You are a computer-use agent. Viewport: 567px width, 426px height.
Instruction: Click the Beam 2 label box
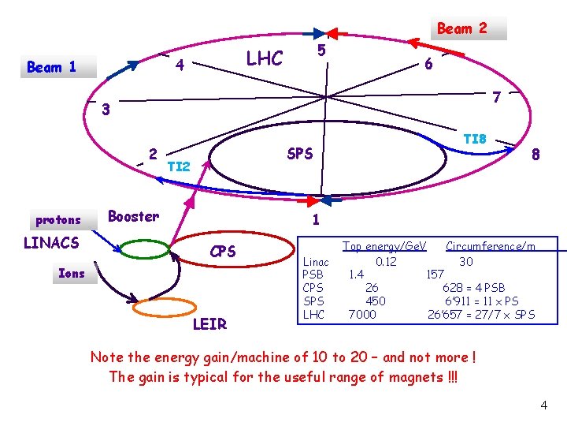click(462, 28)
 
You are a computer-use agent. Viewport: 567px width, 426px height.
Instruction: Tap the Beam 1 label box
click(52, 67)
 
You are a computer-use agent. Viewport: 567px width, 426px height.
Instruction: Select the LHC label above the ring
click(265, 58)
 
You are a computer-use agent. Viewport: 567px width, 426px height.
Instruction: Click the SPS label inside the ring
click(300, 154)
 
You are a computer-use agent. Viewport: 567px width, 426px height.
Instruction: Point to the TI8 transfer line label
click(475, 139)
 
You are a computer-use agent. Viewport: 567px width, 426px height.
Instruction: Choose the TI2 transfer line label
click(180, 166)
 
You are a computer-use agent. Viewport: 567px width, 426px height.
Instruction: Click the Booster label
click(133, 216)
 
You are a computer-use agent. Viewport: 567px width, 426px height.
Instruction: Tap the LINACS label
click(51, 242)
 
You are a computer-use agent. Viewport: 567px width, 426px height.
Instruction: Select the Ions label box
click(71, 274)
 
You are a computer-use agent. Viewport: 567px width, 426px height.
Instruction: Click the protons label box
click(58, 220)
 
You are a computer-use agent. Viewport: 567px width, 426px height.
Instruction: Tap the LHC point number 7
click(495, 99)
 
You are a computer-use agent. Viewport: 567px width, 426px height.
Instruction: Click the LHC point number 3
click(107, 110)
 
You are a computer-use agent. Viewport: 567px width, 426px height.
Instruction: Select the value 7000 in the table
click(362, 314)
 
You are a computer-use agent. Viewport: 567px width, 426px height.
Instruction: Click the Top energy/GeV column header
click(384, 246)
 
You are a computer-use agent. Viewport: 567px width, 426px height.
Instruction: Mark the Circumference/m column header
click(491, 246)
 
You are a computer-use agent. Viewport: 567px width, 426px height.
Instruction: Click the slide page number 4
click(543, 405)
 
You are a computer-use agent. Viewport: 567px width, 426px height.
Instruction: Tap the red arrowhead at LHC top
click(332, 32)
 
